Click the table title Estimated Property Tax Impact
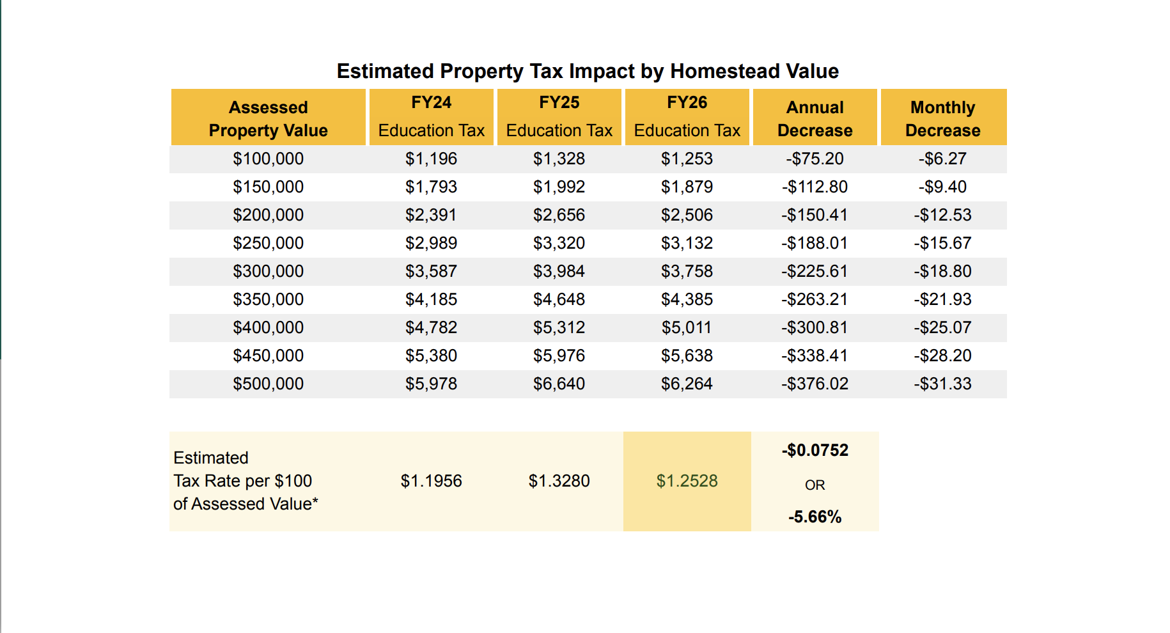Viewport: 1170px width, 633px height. click(x=588, y=71)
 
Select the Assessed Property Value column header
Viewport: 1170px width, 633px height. click(x=268, y=118)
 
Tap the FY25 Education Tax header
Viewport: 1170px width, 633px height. click(x=559, y=116)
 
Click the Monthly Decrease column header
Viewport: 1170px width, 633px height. click(x=942, y=118)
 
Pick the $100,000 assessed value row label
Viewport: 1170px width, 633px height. click(x=268, y=159)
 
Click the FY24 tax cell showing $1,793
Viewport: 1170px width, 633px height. click(x=431, y=187)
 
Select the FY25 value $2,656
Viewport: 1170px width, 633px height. click(x=559, y=215)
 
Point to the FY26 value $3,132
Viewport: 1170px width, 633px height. click(x=687, y=243)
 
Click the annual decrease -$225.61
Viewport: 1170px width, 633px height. click(x=815, y=271)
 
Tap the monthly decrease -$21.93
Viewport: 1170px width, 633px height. click(x=942, y=299)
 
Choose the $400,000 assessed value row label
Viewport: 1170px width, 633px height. click(x=268, y=327)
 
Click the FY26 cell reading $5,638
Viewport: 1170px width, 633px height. click(x=687, y=356)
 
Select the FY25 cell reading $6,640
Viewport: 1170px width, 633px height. click(x=559, y=384)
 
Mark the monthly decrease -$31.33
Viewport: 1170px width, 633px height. click(x=942, y=384)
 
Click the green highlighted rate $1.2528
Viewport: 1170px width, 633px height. click(x=687, y=481)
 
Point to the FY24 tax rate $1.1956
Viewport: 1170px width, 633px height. click(x=431, y=481)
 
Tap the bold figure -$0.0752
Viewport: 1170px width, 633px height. click(x=815, y=450)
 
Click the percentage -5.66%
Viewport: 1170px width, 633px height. click(x=815, y=517)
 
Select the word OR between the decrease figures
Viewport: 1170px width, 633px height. click(x=815, y=485)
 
